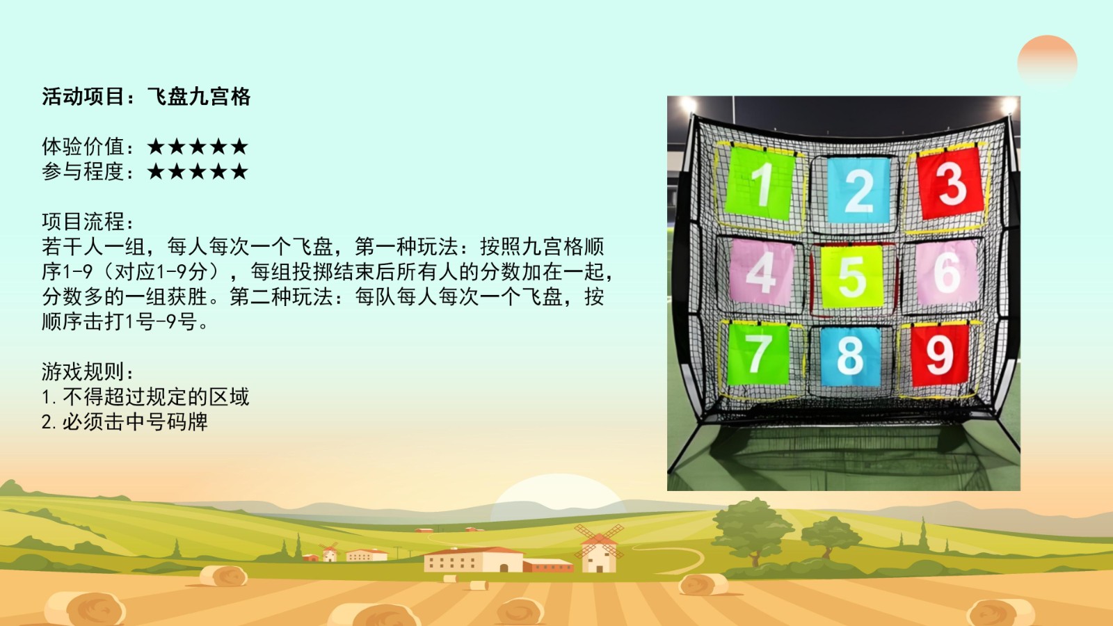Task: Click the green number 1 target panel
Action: click(x=760, y=183)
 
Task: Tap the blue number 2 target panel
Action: click(x=858, y=190)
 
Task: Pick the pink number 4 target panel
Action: click(x=761, y=272)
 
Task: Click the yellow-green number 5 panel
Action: click(x=851, y=276)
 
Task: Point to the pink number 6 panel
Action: click(x=946, y=272)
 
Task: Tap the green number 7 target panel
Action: click(x=758, y=354)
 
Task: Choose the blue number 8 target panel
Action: click(x=850, y=356)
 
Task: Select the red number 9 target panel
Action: click(x=940, y=355)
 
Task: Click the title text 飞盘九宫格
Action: click(x=199, y=97)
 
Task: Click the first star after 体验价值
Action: click(x=156, y=147)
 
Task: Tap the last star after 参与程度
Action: click(x=239, y=171)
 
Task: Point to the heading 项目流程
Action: click(x=88, y=222)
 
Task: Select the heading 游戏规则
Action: click(x=88, y=371)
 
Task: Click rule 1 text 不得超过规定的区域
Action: click(x=156, y=397)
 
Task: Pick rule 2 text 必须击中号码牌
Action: click(x=135, y=422)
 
